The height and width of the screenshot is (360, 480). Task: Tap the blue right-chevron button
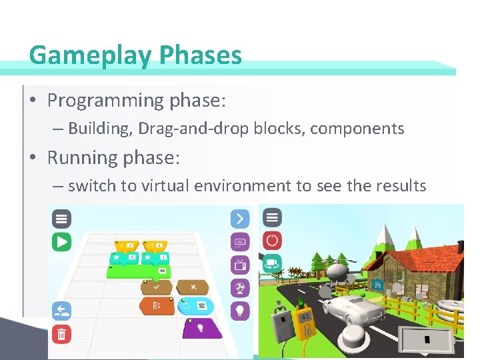(x=239, y=218)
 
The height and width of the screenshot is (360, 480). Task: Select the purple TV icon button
(x=239, y=264)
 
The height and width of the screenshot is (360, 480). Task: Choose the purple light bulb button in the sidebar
(x=239, y=311)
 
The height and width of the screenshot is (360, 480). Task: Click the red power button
(x=272, y=240)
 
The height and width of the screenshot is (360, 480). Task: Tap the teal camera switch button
(x=272, y=263)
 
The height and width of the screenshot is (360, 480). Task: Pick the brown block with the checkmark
(x=157, y=287)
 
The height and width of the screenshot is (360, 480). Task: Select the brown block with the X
(x=192, y=287)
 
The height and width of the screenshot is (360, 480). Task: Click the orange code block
(x=157, y=306)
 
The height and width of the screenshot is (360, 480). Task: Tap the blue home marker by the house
(x=377, y=283)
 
